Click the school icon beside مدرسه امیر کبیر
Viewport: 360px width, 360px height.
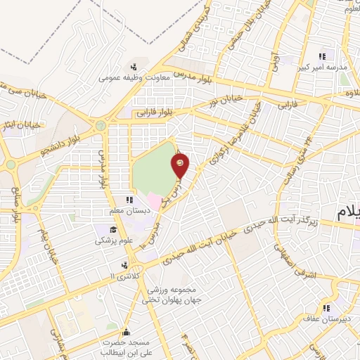(x=323, y=56)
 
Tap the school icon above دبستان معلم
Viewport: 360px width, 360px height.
(x=129, y=200)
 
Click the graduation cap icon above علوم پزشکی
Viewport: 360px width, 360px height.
(x=112, y=229)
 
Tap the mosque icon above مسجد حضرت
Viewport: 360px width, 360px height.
(x=126, y=332)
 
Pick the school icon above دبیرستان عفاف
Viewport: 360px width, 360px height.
(x=326, y=307)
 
